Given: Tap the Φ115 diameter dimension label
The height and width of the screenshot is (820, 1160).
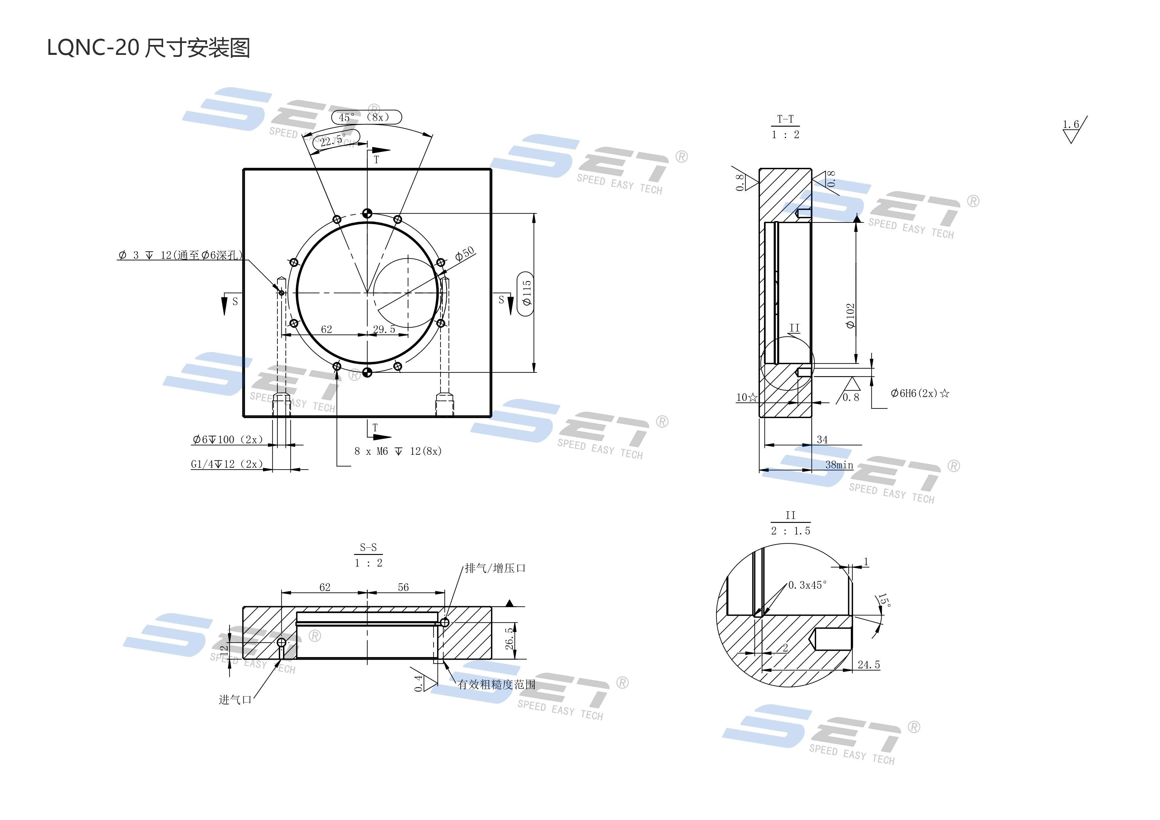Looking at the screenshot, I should [526, 293].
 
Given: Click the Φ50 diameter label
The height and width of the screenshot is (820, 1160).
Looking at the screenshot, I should [465, 254].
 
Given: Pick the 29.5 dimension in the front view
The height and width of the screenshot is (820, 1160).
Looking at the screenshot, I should [384, 329].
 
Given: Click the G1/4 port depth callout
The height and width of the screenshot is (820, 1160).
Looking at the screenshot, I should [226, 464].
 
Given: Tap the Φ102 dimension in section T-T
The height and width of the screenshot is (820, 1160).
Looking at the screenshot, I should [850, 316].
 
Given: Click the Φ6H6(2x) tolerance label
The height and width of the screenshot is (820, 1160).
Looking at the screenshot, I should [920, 393].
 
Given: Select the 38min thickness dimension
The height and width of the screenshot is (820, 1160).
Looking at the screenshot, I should [839, 465].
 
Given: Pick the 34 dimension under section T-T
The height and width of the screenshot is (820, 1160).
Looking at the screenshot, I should [822, 440].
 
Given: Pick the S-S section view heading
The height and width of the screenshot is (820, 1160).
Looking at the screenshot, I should [368, 547].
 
